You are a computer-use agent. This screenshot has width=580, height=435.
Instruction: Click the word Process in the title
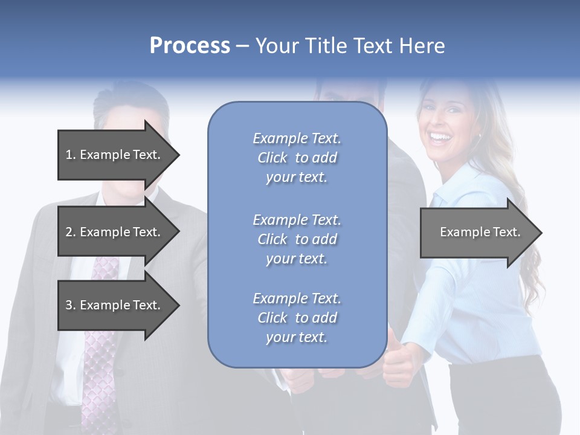(190, 46)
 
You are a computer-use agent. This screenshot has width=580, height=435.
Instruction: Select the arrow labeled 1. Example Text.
(115, 155)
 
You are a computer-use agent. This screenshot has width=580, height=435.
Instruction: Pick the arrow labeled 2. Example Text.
(115, 232)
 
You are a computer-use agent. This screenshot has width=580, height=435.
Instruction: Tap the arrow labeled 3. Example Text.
(115, 305)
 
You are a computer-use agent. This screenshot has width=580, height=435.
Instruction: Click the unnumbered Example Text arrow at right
(477, 232)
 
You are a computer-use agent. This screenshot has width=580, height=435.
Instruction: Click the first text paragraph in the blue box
(297, 158)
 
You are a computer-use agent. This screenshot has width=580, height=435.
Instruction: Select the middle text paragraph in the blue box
(297, 239)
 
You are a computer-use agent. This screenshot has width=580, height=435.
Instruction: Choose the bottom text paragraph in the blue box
(297, 318)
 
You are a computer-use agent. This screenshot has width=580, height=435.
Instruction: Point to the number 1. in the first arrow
(70, 155)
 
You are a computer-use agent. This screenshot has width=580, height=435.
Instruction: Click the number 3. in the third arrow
(70, 305)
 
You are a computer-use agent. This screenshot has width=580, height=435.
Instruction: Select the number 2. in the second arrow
(70, 232)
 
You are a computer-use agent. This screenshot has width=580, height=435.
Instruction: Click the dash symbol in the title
(242, 46)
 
